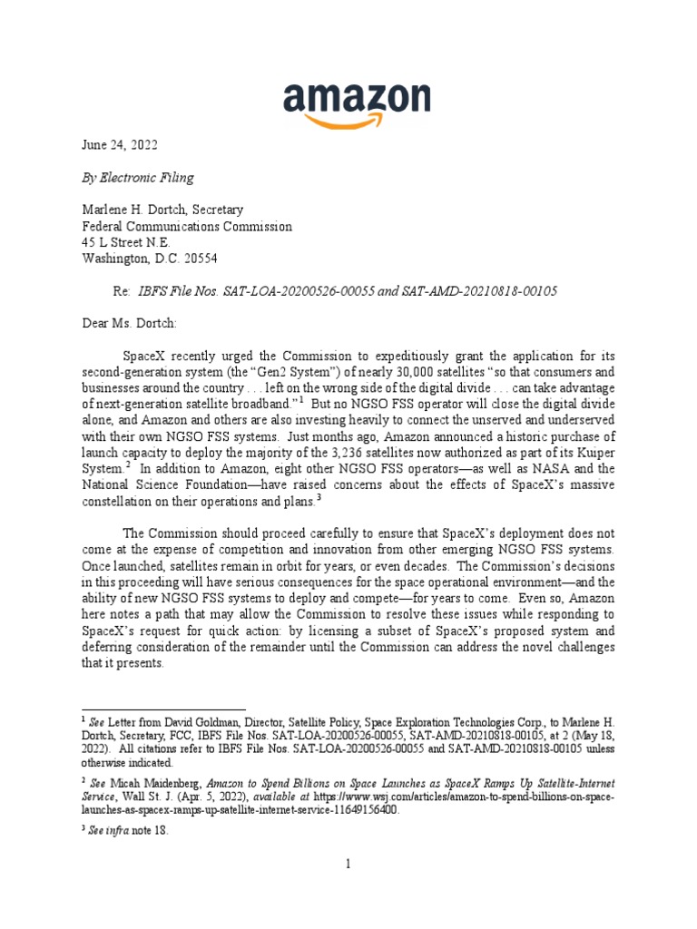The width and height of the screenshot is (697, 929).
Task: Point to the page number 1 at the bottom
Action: (x=348, y=864)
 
